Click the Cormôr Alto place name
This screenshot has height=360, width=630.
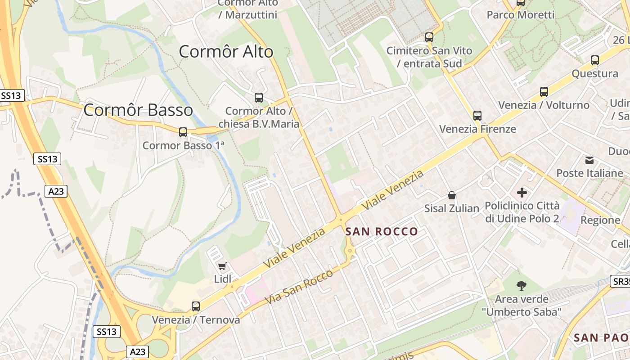pyautogui.click(x=226, y=52)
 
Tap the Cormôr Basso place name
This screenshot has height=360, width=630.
pyautogui.click(x=138, y=110)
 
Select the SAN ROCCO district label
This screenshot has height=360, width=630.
pyautogui.click(x=382, y=232)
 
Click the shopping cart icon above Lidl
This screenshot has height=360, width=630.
pyautogui.click(x=222, y=266)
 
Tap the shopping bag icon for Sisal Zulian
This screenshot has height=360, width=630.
pyautogui.click(x=452, y=195)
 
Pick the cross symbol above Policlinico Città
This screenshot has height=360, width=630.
pyautogui.click(x=522, y=193)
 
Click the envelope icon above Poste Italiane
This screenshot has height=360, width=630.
pyautogui.click(x=589, y=160)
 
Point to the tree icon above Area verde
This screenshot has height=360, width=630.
pyautogui.click(x=522, y=285)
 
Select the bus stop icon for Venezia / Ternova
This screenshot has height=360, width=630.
pyautogui.click(x=196, y=306)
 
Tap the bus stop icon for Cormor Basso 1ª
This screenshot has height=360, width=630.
pyautogui.click(x=183, y=132)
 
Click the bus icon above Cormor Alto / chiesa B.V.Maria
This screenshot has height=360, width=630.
pyautogui.click(x=259, y=97)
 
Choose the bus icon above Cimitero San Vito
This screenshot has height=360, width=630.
pyautogui.click(x=429, y=37)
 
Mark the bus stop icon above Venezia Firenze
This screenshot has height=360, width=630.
pyautogui.click(x=477, y=116)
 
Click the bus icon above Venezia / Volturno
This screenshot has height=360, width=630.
pyautogui.click(x=544, y=92)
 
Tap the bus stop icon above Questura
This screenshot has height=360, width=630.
pyautogui.click(x=595, y=60)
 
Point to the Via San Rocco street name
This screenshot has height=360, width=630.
pyautogui.click(x=299, y=286)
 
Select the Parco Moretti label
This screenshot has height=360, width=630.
pyautogui.click(x=521, y=15)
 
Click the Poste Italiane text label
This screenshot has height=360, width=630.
pyautogui.click(x=589, y=173)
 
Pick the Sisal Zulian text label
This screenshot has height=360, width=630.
pyautogui.click(x=452, y=208)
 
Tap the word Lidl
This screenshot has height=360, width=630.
pyautogui.click(x=222, y=279)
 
